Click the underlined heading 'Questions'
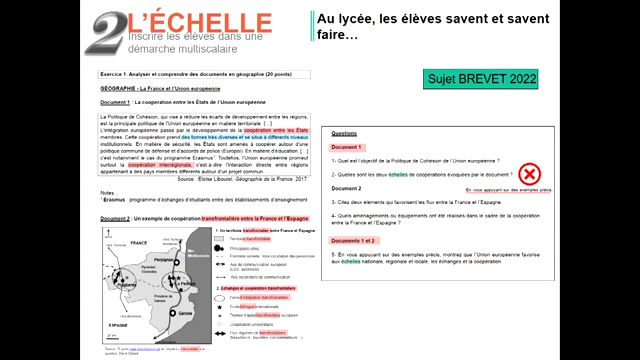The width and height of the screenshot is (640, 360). [344, 133]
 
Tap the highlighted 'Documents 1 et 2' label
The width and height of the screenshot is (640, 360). [360, 241]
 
